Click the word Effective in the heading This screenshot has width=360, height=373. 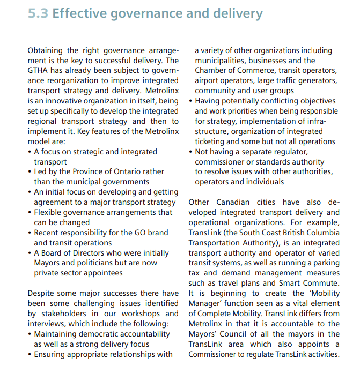78,13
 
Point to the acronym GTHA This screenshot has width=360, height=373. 39,71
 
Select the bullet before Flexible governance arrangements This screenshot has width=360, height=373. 30,212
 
